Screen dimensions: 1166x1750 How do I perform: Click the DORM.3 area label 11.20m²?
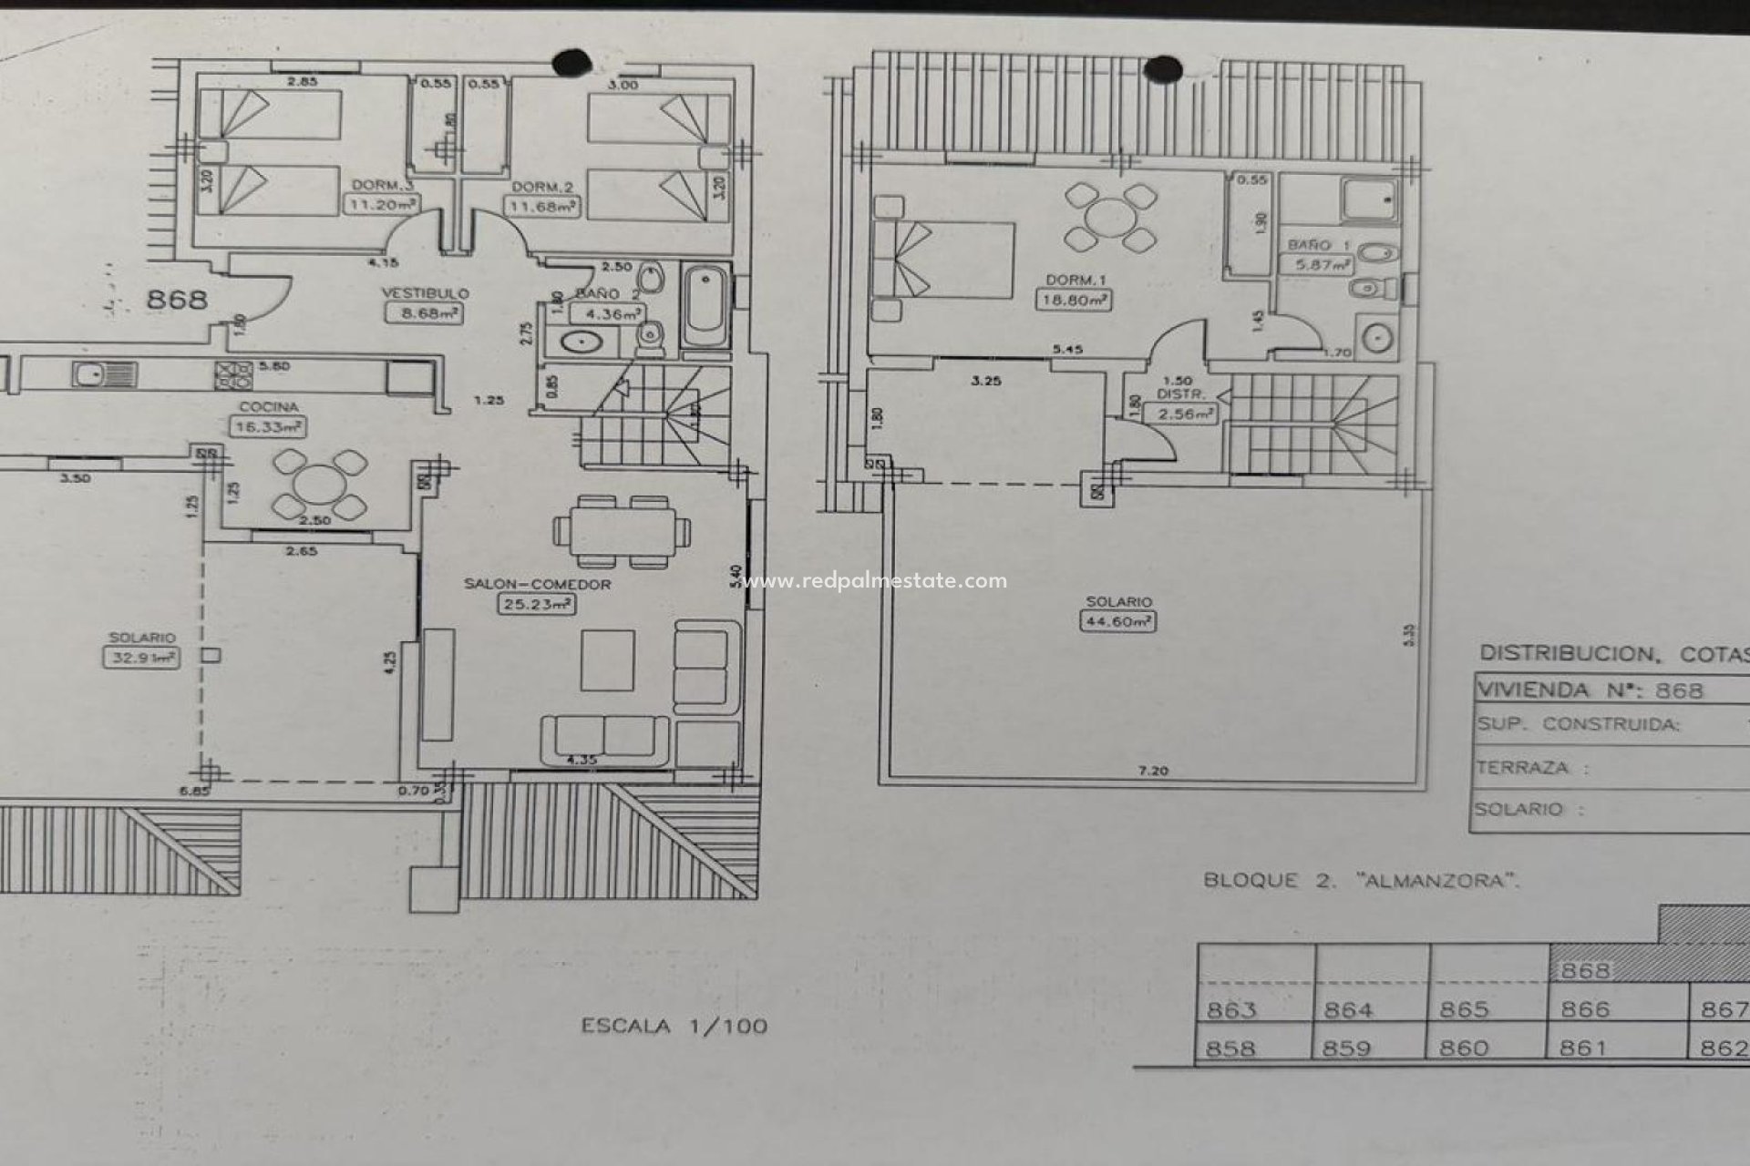coord(382,205)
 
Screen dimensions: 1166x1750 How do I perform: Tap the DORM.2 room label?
coord(541,188)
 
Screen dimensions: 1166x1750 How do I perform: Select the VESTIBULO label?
coord(425,293)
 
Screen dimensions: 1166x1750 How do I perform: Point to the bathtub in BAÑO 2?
coord(705,306)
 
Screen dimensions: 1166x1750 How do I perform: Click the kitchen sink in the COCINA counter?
coord(92,374)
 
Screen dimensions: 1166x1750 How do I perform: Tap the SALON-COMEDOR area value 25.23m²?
coord(537,604)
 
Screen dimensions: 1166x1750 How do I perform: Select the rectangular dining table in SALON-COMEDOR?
coord(622,531)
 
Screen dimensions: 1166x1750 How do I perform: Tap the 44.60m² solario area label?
coord(1117,622)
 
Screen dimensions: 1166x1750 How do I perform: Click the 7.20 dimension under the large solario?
coord(1153,771)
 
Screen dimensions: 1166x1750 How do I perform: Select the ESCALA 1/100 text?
coord(674,1027)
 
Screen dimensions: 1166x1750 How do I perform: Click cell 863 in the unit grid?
coord(1231,1009)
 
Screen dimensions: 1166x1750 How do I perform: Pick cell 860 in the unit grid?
coord(1464,1048)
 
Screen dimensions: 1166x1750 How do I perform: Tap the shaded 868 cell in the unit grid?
coord(1585,971)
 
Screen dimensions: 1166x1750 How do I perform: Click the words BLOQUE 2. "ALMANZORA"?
coord(1362,881)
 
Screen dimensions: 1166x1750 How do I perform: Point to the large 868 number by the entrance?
coord(176,299)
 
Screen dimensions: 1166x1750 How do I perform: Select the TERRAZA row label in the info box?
coord(1522,768)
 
